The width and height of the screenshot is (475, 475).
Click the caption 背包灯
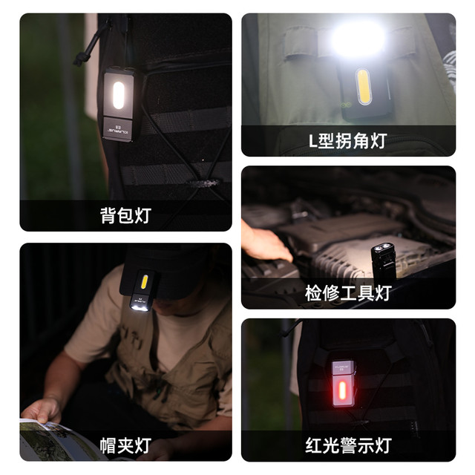pyautogui.click(x=125, y=216)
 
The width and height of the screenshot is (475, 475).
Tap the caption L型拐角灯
pyautogui.click(x=348, y=141)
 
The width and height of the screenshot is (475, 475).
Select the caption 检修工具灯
pyautogui.click(x=348, y=293)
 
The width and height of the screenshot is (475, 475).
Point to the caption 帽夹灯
pyautogui.click(x=125, y=445)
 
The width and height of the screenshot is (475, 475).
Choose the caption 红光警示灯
pyautogui.click(x=348, y=445)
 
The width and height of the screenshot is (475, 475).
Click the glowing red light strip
pyautogui.click(x=342, y=390)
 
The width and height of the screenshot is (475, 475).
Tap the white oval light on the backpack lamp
pyautogui.click(x=119, y=95)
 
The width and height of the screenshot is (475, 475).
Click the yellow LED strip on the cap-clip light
pyautogui.click(x=145, y=282)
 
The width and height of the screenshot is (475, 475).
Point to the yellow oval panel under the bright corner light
pyautogui.click(x=363, y=87)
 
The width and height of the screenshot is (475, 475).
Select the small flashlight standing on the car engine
pyautogui.click(x=383, y=262)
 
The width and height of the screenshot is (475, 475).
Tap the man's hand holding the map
pyautogui.click(x=42, y=410)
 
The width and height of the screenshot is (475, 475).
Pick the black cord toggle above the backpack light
pyautogui.click(x=79, y=59)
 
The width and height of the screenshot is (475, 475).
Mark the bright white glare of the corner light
pyautogui.click(x=358, y=39)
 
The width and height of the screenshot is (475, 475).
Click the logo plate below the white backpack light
pyautogui.click(x=119, y=129)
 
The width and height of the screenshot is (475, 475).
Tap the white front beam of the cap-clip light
pyautogui.click(x=140, y=308)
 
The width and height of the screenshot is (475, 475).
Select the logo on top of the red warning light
pyautogui.click(x=341, y=367)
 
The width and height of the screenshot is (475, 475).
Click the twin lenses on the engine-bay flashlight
pyautogui.click(x=382, y=248)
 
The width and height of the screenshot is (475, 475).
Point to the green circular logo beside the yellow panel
pyautogui.click(x=346, y=105)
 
